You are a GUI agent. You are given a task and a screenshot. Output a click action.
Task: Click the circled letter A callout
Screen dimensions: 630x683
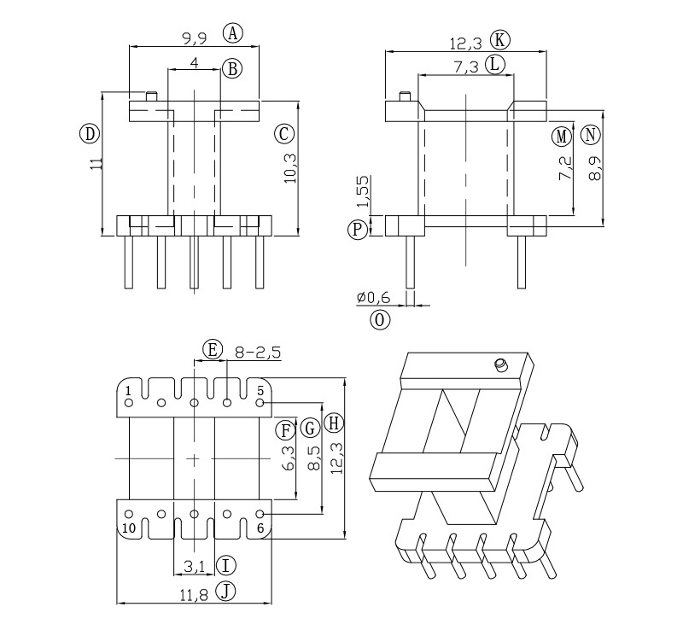pos(233,33)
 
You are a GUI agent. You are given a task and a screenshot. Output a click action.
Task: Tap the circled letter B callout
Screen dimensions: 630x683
pos(231,67)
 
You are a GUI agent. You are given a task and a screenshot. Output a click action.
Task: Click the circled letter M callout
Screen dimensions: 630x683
pos(561,136)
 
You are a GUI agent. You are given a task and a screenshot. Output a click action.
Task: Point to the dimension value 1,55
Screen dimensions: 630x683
pos(362,191)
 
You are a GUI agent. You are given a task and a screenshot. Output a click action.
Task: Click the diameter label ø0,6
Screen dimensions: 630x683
pos(373,297)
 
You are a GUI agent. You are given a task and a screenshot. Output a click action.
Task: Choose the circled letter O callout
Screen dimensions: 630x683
pos(380,319)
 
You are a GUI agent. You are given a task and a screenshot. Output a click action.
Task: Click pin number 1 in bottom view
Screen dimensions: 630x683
pos(128,391)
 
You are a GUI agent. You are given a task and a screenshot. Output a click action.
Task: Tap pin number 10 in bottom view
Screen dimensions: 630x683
pos(128,528)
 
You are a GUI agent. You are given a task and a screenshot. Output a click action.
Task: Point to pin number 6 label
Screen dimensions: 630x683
pos(261,528)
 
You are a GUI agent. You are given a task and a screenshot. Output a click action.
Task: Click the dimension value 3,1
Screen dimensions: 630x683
pos(195,565)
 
